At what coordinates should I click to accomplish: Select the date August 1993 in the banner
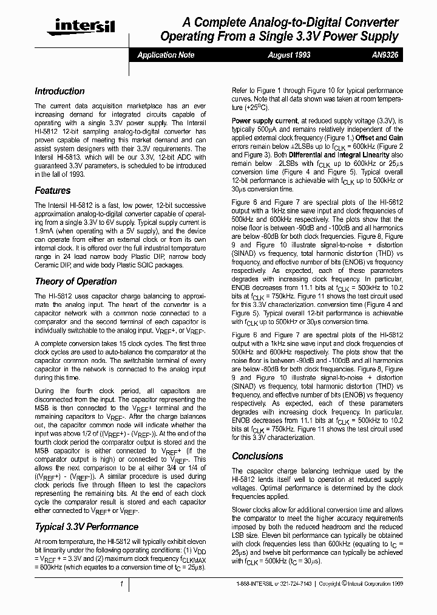pyautogui.click(x=289, y=55)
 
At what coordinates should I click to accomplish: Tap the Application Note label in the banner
pyautogui.click(x=166, y=55)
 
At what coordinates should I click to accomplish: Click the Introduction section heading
pyautogui.click(x=59, y=91)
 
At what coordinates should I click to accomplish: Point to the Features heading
pyautogui.click(x=52, y=190)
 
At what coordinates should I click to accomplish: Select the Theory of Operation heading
pyautogui.click(x=75, y=281)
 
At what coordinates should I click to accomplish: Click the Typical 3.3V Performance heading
pyautogui.click(x=86, y=526)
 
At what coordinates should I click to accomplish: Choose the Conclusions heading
pyautogui.click(x=257, y=456)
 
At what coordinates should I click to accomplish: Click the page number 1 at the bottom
pyautogui.click(x=121, y=584)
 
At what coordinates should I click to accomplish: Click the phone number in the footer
pyautogui.click(x=276, y=585)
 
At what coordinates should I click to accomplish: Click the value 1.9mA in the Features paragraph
pyautogui.click(x=44, y=232)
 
